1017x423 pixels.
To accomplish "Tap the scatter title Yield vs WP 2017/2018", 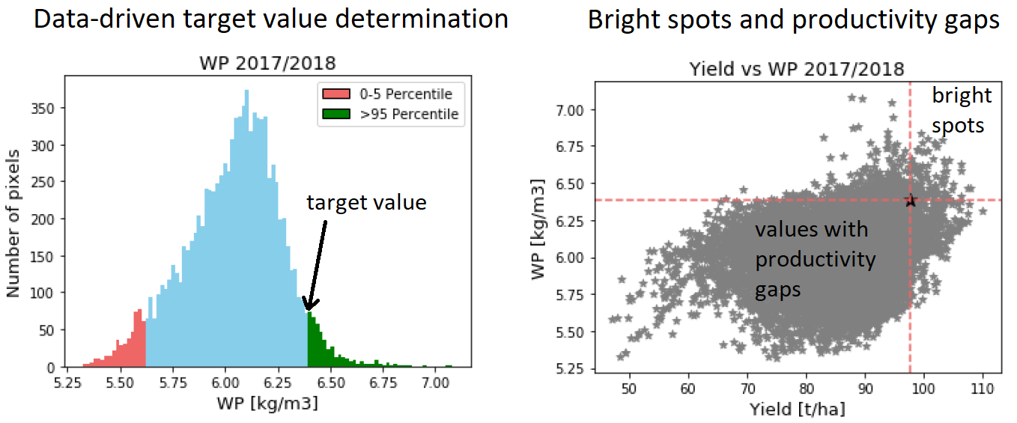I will (796, 69).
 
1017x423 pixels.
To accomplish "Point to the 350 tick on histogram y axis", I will (49, 108).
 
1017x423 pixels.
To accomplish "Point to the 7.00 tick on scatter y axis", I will (577, 110).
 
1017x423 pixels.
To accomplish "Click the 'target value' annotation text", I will (366, 202).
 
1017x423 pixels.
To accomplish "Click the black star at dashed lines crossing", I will (911, 200).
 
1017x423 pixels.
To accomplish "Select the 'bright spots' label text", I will (961, 111).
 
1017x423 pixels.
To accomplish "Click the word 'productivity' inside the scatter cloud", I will (815, 259).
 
